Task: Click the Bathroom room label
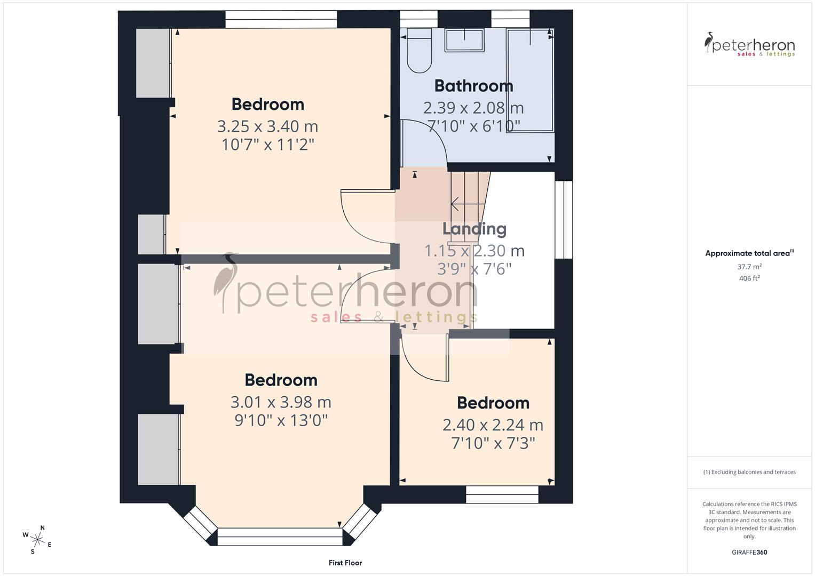[473, 86]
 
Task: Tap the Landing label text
[474, 229]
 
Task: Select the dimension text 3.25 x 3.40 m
[267, 126]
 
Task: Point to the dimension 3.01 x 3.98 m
[281, 402]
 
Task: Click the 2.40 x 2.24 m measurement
[493, 425]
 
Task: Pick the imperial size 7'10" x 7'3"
[493, 443]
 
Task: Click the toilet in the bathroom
[419, 51]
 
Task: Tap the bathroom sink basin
[464, 40]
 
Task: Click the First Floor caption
[345, 563]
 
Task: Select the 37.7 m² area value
[749, 267]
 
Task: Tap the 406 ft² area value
[749, 278]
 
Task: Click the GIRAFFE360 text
[749, 552]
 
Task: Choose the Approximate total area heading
[748, 253]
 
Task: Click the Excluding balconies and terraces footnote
[749, 472]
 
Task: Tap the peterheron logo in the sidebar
[749, 45]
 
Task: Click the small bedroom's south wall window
[502, 494]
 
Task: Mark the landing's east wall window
[564, 220]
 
